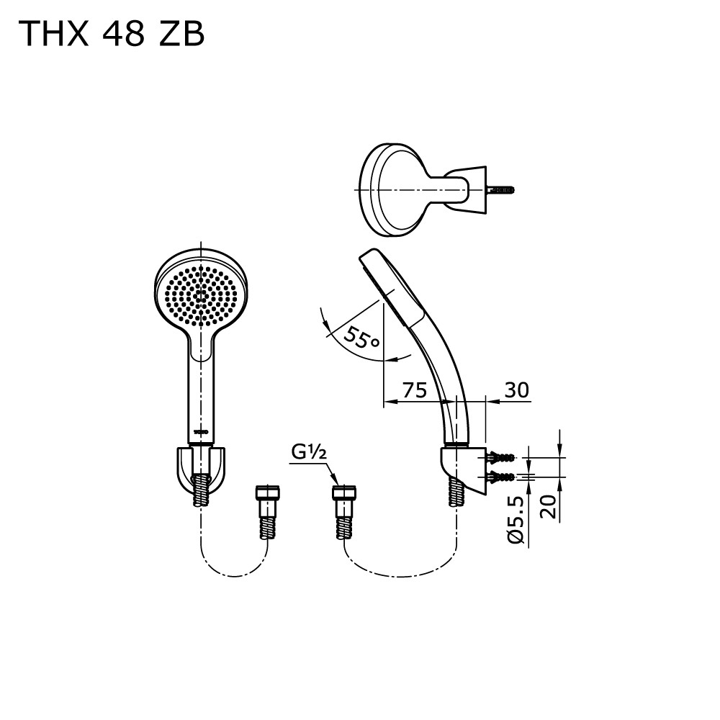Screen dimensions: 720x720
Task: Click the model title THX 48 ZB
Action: click(112, 34)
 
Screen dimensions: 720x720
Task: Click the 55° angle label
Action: click(361, 338)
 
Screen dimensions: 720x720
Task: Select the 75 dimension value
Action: click(415, 390)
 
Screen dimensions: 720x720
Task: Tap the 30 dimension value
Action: click(516, 390)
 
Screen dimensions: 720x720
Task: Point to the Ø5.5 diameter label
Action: click(516, 521)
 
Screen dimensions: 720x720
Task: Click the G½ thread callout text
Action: click(309, 453)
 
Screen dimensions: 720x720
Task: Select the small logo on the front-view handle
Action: click(201, 431)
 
